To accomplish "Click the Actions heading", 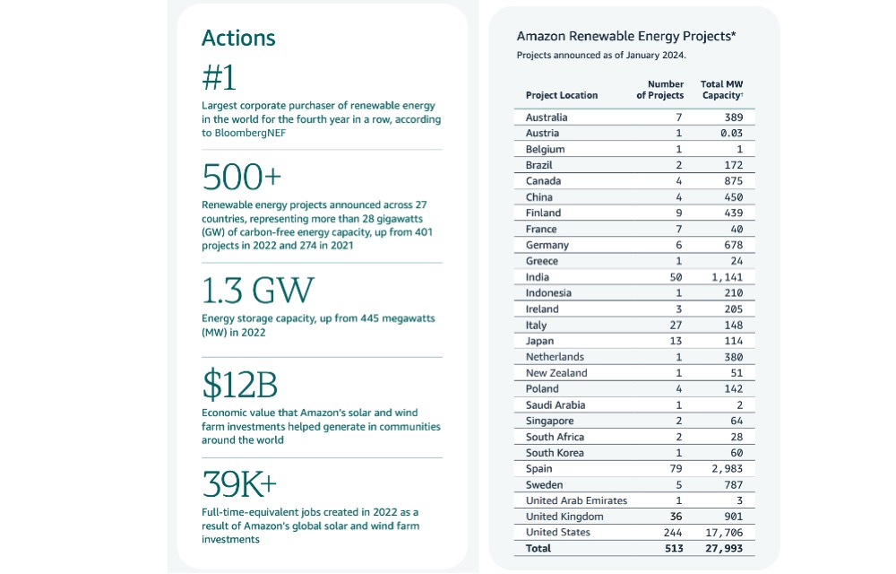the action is pyautogui.click(x=238, y=38).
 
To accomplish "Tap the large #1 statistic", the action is pyautogui.click(x=219, y=78).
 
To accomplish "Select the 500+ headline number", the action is pyautogui.click(x=242, y=177).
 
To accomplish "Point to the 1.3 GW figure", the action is pyautogui.click(x=258, y=290).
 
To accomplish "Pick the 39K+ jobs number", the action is pyautogui.click(x=239, y=484).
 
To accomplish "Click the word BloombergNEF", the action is pyautogui.click(x=250, y=133).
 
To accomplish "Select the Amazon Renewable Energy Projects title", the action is pyautogui.click(x=626, y=36).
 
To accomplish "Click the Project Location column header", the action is pyautogui.click(x=562, y=95).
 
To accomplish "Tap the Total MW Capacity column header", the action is pyautogui.click(x=721, y=90).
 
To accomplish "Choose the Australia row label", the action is pyautogui.click(x=547, y=117).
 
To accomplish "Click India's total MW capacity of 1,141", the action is pyautogui.click(x=728, y=277).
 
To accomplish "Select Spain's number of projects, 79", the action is pyautogui.click(x=676, y=469).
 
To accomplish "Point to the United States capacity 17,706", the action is pyautogui.click(x=725, y=532).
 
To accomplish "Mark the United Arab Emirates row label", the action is pyautogui.click(x=576, y=500).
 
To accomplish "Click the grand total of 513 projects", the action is pyautogui.click(x=674, y=548).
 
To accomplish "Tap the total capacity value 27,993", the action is pyautogui.click(x=725, y=548).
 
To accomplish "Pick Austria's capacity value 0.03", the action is pyautogui.click(x=731, y=134).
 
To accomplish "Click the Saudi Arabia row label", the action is pyautogui.click(x=556, y=404).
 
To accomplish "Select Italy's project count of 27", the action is pyautogui.click(x=676, y=325).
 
